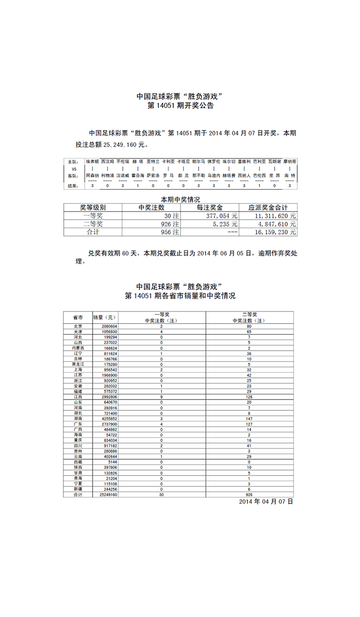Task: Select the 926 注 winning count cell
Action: (170, 224)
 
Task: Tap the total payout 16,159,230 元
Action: (276, 232)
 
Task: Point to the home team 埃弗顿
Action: (93, 161)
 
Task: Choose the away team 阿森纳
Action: (93, 175)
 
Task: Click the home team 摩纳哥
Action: (290, 161)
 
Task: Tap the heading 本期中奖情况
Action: (180, 199)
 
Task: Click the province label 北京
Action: (78, 326)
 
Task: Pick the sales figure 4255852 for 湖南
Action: (109, 419)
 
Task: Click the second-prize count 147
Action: (249, 419)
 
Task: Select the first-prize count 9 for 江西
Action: (161, 397)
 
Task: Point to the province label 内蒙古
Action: (78, 348)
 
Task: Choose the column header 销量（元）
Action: (105, 317)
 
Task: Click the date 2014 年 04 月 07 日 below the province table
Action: (266, 501)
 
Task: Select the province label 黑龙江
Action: (78, 364)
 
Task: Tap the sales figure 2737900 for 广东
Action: (109, 424)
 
